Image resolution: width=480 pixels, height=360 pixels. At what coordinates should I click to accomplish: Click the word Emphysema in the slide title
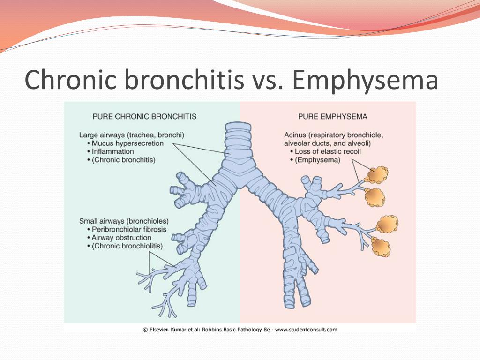coord(365,80)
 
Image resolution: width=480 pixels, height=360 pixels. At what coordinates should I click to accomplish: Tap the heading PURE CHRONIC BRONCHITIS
coord(144,117)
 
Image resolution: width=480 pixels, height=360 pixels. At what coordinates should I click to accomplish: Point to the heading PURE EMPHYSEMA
coord(332,117)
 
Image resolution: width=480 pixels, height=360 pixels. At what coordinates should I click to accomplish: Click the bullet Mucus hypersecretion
coord(127,143)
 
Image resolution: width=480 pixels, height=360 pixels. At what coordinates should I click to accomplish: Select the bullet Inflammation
coord(112,151)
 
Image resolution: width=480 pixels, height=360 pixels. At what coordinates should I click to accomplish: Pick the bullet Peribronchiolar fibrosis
coord(129,229)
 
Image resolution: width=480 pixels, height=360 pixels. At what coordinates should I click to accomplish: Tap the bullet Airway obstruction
coord(121,238)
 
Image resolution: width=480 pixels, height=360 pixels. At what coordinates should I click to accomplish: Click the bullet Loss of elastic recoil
coord(328,151)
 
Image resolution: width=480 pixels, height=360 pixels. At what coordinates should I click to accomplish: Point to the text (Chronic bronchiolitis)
coord(127,246)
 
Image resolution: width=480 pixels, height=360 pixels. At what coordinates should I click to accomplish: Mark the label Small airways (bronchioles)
coord(124,221)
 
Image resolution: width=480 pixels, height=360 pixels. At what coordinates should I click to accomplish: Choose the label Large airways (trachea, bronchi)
coord(132,135)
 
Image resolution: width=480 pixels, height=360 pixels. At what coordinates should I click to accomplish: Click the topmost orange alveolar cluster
coord(377,175)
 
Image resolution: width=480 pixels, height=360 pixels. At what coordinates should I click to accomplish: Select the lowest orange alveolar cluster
coord(381,247)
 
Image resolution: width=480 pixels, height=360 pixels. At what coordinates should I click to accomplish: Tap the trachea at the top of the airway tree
coord(238,138)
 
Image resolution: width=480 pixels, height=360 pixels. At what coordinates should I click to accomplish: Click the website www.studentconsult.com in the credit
coord(306,330)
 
